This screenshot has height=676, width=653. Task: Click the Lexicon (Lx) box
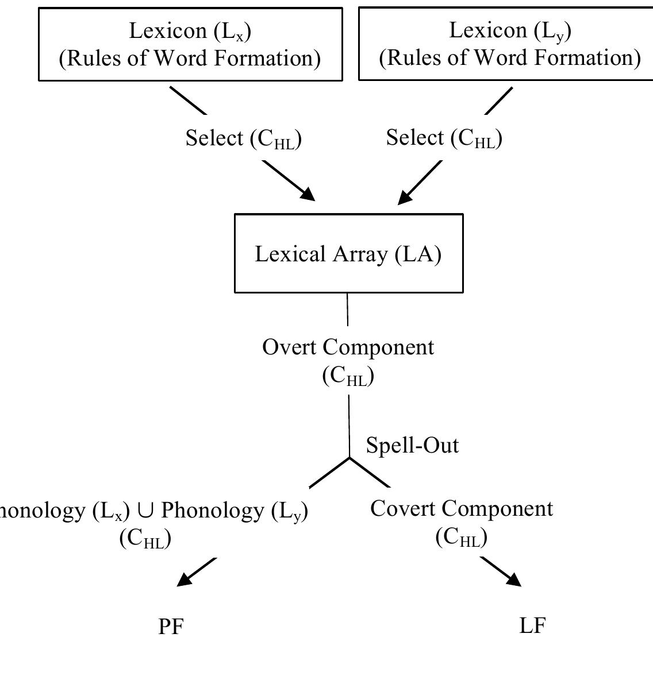click(x=190, y=44)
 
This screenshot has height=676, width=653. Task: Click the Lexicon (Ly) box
click(x=506, y=44)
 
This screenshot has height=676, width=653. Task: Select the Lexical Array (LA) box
click(x=348, y=253)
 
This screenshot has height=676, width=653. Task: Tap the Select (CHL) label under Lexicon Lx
click(x=243, y=138)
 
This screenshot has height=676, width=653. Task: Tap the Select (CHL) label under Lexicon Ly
click(x=444, y=138)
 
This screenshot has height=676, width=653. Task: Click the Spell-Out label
click(x=412, y=445)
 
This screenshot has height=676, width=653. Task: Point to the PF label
click(x=171, y=627)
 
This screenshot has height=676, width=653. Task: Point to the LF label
click(x=532, y=625)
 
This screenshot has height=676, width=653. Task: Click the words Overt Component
click(x=348, y=347)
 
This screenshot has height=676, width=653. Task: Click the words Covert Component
click(x=462, y=508)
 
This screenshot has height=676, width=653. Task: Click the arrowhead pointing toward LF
click(x=513, y=580)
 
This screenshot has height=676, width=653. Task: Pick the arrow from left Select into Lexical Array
click(x=289, y=181)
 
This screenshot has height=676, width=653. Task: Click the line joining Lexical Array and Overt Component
click(x=348, y=309)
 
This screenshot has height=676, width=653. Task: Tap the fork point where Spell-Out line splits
click(x=349, y=458)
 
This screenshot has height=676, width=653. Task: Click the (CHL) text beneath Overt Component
click(x=348, y=376)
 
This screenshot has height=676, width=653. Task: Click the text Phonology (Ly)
click(x=235, y=510)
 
